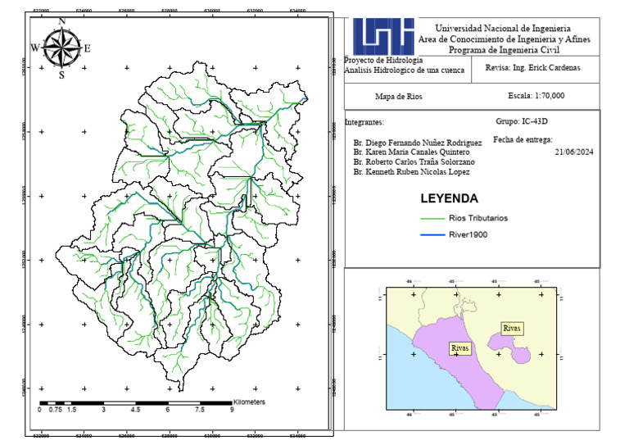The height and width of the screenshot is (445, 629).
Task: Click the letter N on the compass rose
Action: pos(62,22)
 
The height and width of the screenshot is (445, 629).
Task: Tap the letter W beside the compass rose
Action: pos(34,48)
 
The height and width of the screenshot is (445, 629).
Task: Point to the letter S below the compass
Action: pos(61,75)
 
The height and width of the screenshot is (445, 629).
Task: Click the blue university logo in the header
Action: pos(383,35)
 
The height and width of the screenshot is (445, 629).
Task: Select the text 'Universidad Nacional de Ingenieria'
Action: pos(504,29)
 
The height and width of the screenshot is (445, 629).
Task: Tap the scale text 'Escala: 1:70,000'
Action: pos(536,96)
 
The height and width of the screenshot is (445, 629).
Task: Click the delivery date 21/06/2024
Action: pos(573,152)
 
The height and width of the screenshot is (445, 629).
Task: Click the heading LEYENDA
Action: pos(449,198)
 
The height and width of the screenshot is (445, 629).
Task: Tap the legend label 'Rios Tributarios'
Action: pos(478,219)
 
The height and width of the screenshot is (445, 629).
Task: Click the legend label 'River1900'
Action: pos(468,235)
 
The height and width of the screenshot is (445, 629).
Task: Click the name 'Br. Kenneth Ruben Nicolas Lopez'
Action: pos(411,172)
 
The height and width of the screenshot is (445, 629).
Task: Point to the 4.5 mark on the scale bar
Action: pos(135,410)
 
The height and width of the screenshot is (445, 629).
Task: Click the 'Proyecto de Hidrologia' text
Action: pos(383,61)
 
